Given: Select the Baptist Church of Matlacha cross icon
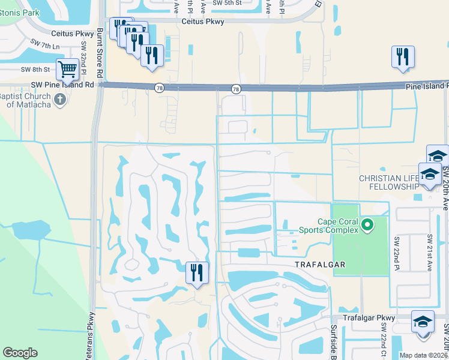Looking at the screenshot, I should (x=59, y=100).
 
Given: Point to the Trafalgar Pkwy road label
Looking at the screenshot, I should (x=369, y=317).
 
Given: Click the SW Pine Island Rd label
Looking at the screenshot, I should (x=65, y=85).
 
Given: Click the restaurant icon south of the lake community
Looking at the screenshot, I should (x=197, y=273).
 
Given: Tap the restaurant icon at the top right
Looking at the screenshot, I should (x=403, y=56).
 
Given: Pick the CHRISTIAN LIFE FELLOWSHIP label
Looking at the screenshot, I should (x=388, y=182).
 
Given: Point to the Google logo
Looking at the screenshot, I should (x=20, y=353).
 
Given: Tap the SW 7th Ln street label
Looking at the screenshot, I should (x=48, y=46).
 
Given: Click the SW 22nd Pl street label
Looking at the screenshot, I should (x=397, y=252).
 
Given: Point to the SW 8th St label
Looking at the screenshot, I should (x=34, y=70).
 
